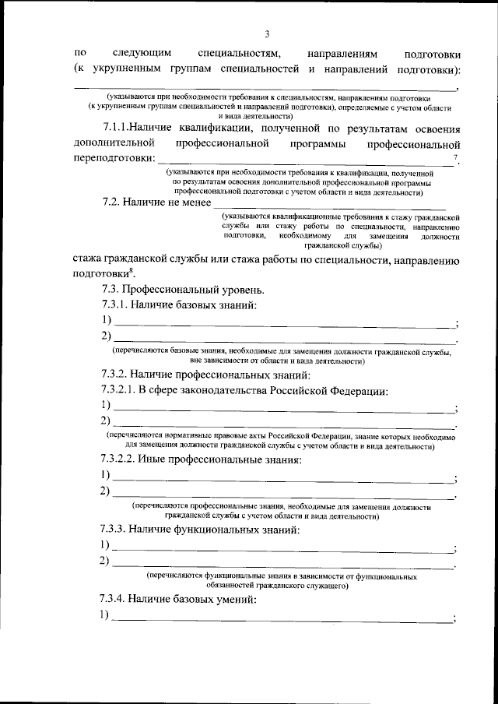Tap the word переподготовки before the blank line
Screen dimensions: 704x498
pyautogui.click(x=113, y=158)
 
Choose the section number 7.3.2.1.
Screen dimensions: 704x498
pyautogui.click(x=119, y=389)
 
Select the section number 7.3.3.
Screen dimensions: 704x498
pyautogui.click(x=114, y=529)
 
